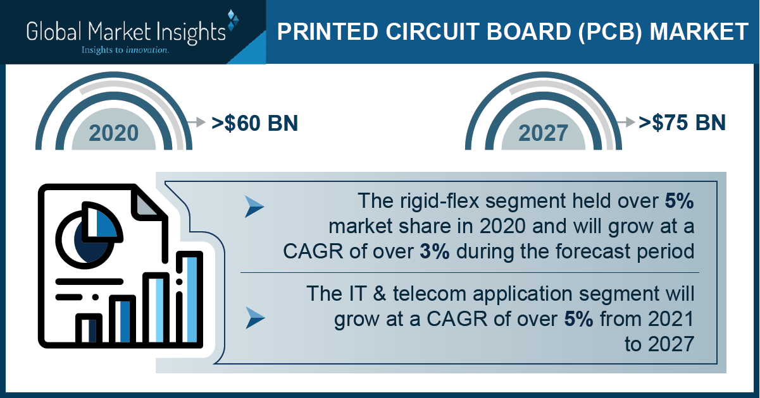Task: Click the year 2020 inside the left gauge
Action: click(114, 133)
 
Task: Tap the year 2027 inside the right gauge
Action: click(543, 133)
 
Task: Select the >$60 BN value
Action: click(254, 123)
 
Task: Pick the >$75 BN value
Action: click(682, 123)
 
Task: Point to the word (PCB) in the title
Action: click(610, 32)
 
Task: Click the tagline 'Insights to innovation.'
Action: click(125, 50)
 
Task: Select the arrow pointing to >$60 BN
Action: click(196, 122)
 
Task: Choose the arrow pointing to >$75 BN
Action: click(626, 122)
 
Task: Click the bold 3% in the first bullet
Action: click(435, 251)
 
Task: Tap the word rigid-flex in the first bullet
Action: click(439, 201)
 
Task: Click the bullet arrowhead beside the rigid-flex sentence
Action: click(254, 207)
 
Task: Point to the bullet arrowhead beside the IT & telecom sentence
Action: click(255, 318)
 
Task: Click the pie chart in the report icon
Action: click(89, 235)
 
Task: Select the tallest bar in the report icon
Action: click(189, 298)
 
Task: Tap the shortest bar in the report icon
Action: click(89, 329)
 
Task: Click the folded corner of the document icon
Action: click(147, 204)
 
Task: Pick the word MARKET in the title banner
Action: click(699, 32)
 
